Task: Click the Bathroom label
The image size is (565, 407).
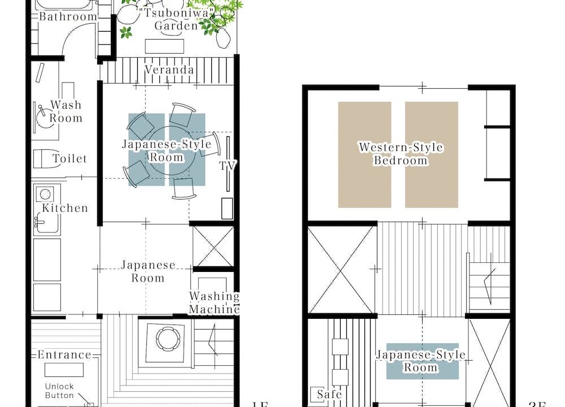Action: [68, 16]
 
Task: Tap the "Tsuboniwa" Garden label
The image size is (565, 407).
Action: [176, 19]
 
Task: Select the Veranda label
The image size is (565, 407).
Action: [169, 70]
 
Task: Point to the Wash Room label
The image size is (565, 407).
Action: [66, 111]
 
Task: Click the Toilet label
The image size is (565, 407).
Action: [70, 159]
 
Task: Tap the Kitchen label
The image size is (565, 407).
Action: [65, 208]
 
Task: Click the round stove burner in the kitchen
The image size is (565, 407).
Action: [45, 194]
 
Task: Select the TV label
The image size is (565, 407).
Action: [228, 166]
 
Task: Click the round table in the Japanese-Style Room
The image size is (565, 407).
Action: [172, 151]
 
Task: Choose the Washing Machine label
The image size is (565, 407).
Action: [214, 303]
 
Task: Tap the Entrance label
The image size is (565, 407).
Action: [64, 355]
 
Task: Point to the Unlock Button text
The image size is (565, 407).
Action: [59, 391]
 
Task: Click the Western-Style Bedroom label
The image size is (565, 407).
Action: [401, 154]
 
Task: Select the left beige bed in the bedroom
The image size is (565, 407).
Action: [364, 155]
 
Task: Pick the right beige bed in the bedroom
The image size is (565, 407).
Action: [432, 155]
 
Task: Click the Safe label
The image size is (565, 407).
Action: [329, 394]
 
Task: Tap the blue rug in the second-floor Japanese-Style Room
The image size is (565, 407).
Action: [423, 361]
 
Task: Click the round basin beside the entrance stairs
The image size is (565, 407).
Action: [168, 339]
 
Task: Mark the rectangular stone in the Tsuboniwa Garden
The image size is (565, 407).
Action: [164, 46]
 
